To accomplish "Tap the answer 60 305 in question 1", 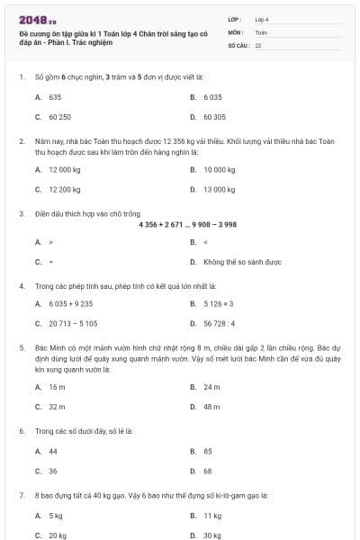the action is pyautogui.click(x=214, y=117).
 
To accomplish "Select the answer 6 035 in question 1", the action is pyautogui.click(x=212, y=96).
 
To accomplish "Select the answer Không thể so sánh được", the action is pyautogui.click(x=242, y=262).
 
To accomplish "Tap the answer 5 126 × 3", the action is pyautogui.click(x=218, y=303).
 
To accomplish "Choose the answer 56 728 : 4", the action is pyautogui.click(x=218, y=323).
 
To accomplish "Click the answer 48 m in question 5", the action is pyautogui.click(x=211, y=407).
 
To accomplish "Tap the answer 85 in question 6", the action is pyautogui.click(x=208, y=451).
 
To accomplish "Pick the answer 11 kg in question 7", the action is pyautogui.click(x=212, y=516).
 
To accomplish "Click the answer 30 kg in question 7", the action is pyautogui.click(x=212, y=535).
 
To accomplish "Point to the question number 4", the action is pyautogui.click(x=21, y=286).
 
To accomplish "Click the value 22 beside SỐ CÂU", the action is pyautogui.click(x=258, y=44).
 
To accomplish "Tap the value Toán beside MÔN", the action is pyautogui.click(x=261, y=31).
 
